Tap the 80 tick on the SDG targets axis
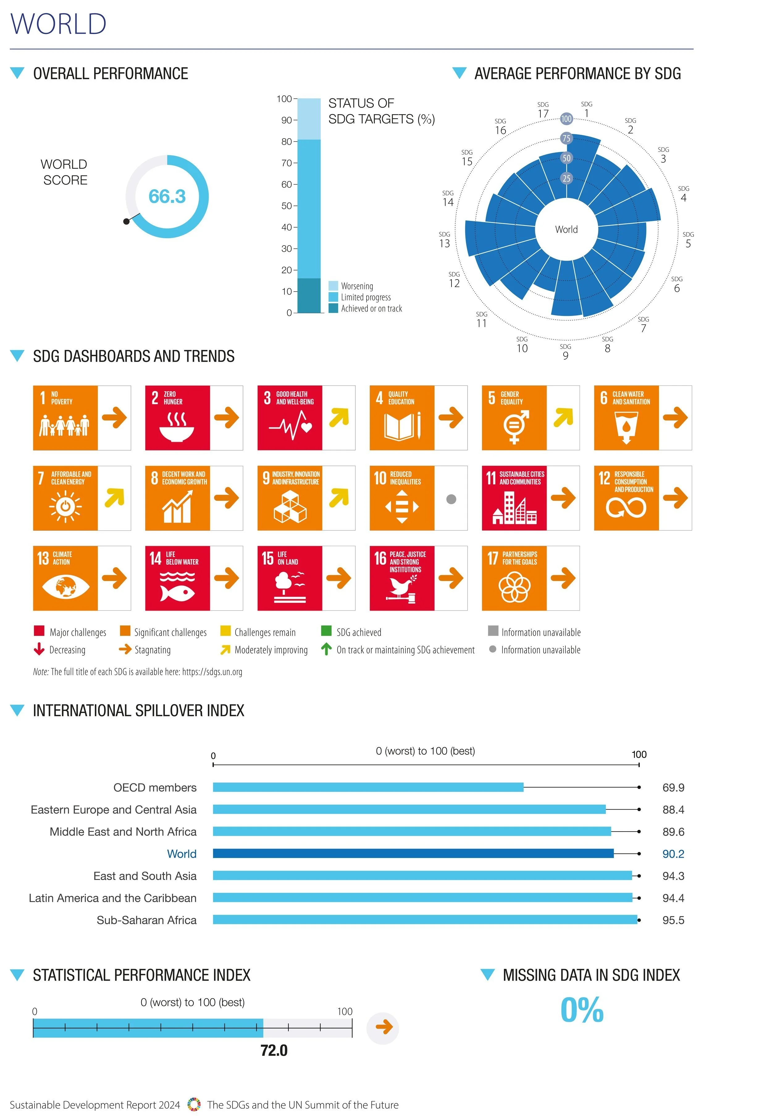tap(286, 142)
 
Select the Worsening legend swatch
tap(333, 286)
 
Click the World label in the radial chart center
tap(566, 230)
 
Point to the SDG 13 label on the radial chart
tap(445, 240)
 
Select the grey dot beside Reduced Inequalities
tap(451, 499)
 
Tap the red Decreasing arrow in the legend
tap(39, 649)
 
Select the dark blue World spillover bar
tap(413, 853)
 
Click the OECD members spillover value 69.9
tap(673, 787)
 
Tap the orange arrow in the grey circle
tap(383, 1027)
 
